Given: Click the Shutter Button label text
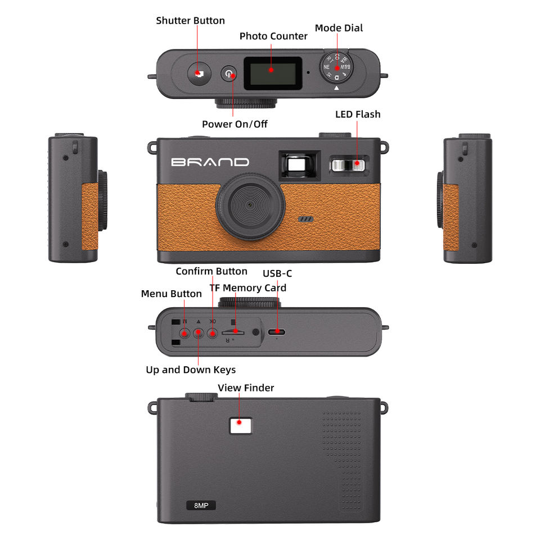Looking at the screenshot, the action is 190,21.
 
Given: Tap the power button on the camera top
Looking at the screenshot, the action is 228,74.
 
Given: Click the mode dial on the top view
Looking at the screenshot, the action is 337,67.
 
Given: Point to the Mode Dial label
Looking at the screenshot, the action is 339,28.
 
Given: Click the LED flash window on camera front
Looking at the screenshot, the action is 348,164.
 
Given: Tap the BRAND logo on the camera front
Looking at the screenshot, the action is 210,163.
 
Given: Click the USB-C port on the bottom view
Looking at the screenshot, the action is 276,332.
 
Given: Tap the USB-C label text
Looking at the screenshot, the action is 277,274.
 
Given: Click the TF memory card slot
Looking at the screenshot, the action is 233,331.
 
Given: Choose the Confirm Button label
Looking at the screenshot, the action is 211,271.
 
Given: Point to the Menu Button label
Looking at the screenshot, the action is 171,294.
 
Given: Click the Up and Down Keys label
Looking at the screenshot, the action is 191,370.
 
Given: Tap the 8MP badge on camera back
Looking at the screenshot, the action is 201,505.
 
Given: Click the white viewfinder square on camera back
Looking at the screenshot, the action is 240,424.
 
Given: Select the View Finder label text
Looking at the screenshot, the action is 246,388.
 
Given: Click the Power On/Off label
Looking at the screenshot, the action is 235,124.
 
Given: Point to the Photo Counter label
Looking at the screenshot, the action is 273,36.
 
